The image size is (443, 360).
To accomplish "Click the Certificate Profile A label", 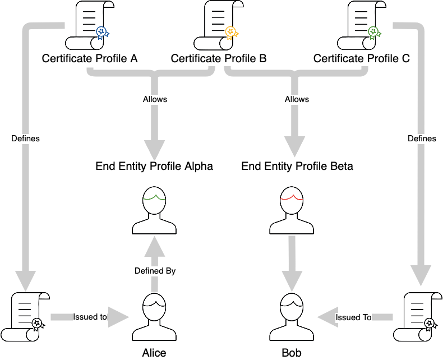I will (90, 59).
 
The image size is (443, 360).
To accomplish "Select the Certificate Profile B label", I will (218, 59).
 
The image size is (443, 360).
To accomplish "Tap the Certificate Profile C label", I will (361, 59).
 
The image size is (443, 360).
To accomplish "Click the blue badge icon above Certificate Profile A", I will (102, 33).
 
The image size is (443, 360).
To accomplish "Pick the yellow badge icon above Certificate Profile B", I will (231, 33).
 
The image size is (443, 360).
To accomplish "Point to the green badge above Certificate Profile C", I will (374, 33).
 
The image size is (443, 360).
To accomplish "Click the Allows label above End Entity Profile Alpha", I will (155, 99).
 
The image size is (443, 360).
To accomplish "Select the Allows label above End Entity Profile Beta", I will (297, 99).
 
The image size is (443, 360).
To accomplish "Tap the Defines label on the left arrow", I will (25, 139).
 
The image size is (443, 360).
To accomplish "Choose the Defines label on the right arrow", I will (422, 139).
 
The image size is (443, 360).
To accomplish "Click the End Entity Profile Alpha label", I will (154, 167).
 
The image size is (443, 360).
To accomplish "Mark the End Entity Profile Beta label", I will (297, 167).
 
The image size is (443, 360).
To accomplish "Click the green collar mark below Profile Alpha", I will (154, 197).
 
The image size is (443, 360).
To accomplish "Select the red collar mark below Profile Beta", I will (291, 197).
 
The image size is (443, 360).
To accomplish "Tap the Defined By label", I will (155, 271).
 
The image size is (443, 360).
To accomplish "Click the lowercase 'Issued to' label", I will (90, 317).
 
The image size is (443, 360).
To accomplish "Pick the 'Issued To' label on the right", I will (353, 317).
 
